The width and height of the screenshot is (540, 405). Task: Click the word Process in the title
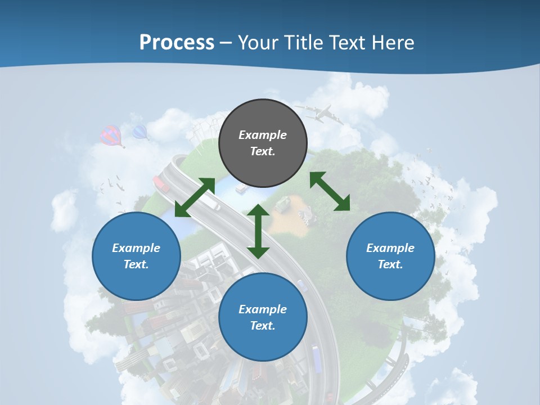(x=177, y=43)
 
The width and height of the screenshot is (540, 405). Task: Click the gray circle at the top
(x=263, y=143)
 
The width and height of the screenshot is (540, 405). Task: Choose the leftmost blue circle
(x=136, y=256)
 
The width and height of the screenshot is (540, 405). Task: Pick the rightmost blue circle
(x=390, y=256)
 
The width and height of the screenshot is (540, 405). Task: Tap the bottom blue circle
(x=263, y=317)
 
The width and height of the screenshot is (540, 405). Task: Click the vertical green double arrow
(x=258, y=231)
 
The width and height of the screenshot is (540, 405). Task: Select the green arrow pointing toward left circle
(x=195, y=197)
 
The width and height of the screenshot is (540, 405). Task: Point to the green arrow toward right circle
(x=330, y=191)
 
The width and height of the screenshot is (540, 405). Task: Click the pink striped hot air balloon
(x=111, y=136)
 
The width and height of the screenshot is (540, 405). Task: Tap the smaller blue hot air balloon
(x=139, y=132)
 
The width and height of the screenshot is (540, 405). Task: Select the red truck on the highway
(x=161, y=183)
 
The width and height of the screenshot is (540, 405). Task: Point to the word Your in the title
(x=257, y=43)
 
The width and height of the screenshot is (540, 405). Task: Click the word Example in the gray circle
(x=263, y=135)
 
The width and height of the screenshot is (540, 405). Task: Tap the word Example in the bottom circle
(x=263, y=309)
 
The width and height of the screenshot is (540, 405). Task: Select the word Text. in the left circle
(x=136, y=264)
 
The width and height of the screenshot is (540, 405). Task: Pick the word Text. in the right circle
(x=390, y=264)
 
